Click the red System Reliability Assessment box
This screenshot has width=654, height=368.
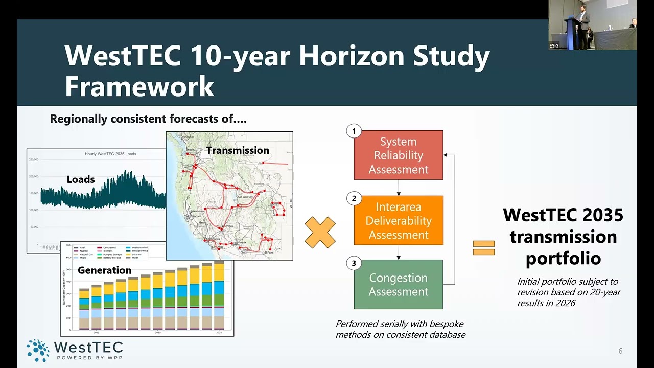pos(398,155)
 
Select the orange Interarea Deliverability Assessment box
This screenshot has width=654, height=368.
pos(398,220)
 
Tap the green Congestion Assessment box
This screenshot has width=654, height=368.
pos(398,284)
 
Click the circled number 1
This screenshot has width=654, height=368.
pos(354,131)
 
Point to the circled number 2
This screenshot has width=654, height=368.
pos(354,198)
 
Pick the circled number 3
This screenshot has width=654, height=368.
pos(354,263)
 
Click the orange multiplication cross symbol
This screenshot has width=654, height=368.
pos(320,233)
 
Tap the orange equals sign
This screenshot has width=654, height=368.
pos(483,248)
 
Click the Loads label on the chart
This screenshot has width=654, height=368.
pos(81,179)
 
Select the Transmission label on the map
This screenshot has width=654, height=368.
pos(238,150)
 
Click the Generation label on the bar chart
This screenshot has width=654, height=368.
pos(104,270)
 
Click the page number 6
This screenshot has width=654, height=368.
pos(620,351)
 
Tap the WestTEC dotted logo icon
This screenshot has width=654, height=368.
pos(38,350)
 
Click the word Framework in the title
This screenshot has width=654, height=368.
pos(139,86)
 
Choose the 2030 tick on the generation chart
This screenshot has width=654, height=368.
pos(157,333)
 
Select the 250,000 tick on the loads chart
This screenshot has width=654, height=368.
pos(34,160)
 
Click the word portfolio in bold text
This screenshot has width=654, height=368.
pos(563,258)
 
